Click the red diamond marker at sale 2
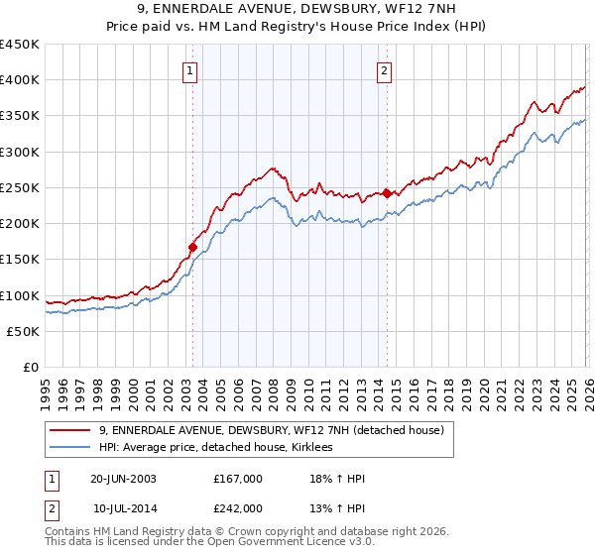click(387, 194)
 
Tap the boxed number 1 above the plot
click(189, 70)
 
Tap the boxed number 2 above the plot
click(384, 70)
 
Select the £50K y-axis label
click(23, 331)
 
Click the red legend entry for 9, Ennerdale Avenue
click(277, 430)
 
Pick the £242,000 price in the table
click(237, 507)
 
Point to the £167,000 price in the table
click(237, 479)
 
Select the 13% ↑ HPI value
click(337, 507)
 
